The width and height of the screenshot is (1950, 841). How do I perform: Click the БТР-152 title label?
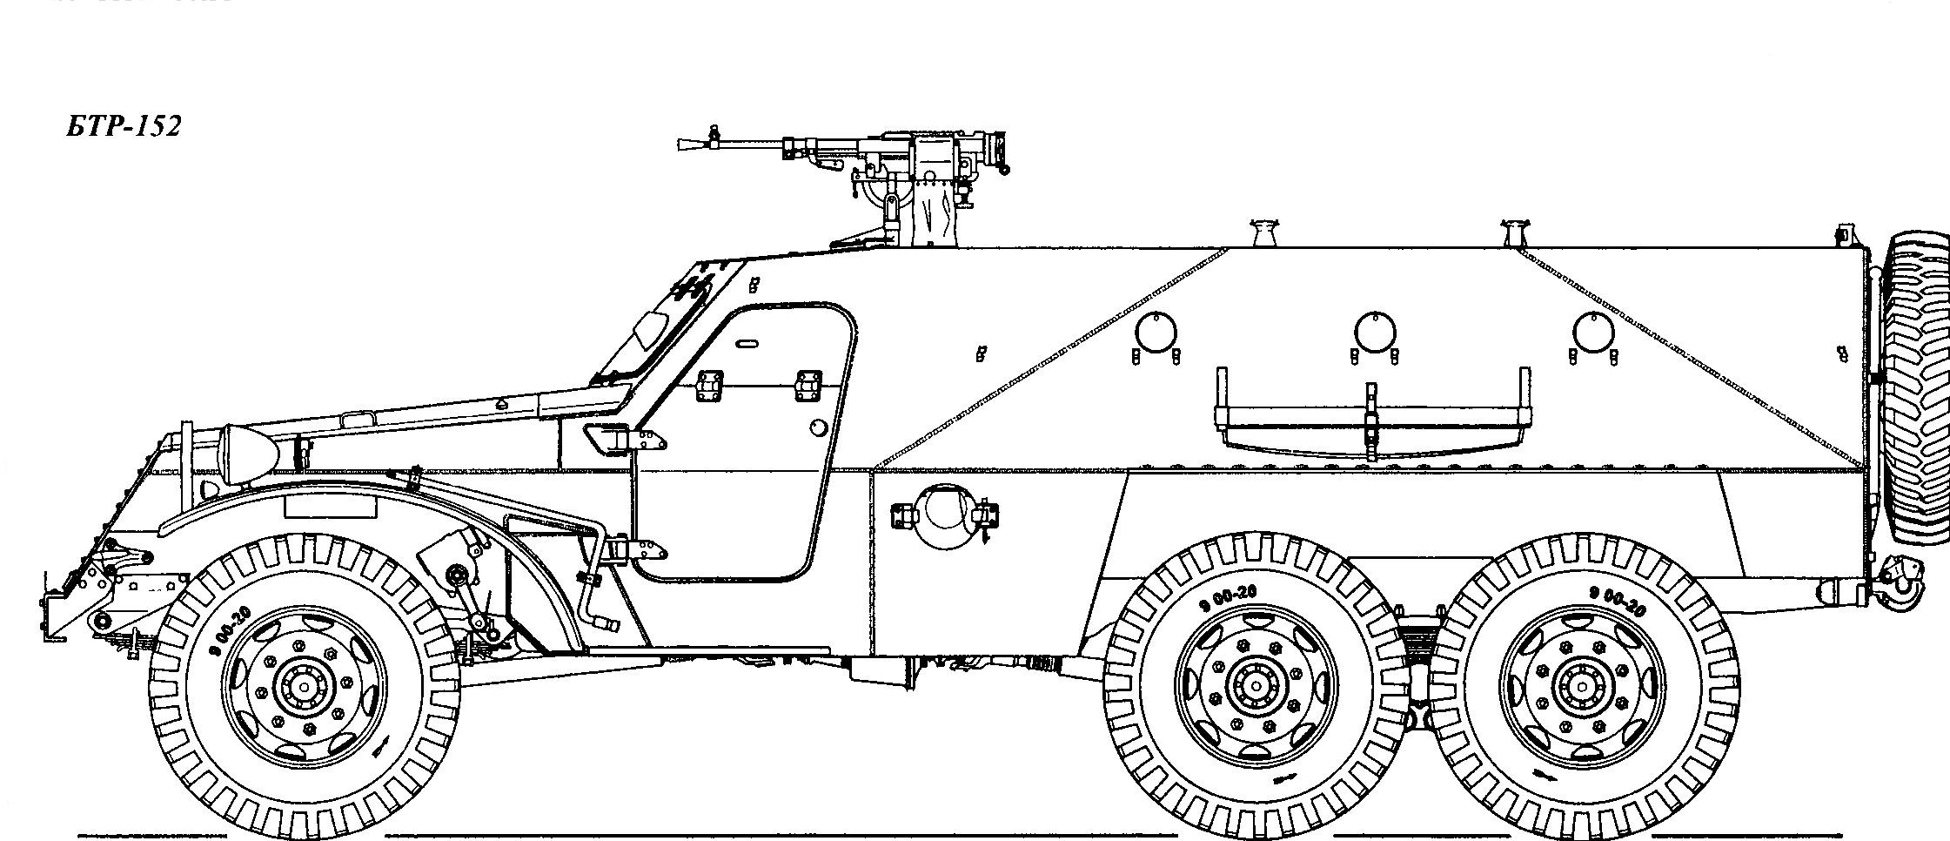(123, 127)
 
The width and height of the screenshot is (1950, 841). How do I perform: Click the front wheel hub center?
(303, 687)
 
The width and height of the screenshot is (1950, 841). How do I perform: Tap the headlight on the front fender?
(249, 452)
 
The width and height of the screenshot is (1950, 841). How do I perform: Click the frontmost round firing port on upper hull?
(1156, 332)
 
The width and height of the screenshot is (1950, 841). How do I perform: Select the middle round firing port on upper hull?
(1374, 332)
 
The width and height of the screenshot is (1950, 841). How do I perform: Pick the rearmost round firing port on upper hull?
(1593, 332)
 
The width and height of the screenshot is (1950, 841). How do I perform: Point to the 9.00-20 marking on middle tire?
(1227, 598)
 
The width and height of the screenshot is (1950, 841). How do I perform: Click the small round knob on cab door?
(818, 427)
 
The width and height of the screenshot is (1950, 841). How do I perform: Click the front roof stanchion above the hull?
(1265, 233)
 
